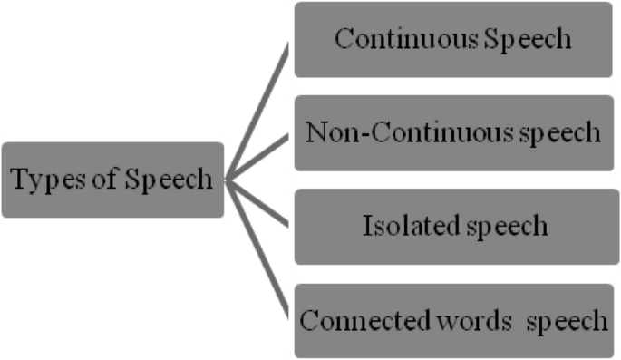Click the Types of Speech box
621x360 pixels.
tap(112, 180)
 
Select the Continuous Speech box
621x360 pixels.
tap(453, 40)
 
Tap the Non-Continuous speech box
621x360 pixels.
tap(453, 133)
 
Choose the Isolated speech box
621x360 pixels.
tap(453, 227)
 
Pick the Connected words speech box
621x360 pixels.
tap(453, 321)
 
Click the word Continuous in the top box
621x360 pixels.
tap(397, 40)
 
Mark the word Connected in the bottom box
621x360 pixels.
tap(354, 321)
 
